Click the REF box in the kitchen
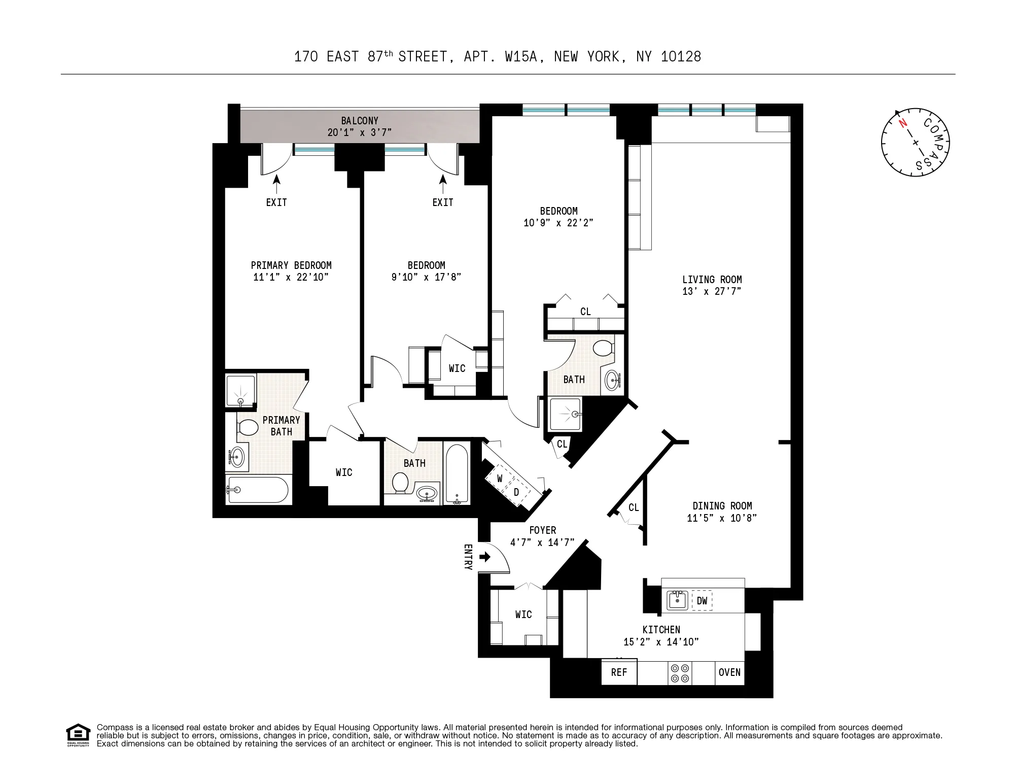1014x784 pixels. [x=619, y=672]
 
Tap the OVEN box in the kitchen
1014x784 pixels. [x=729, y=672]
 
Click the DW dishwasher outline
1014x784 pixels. [x=702, y=601]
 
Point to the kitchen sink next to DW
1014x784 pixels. [x=677, y=600]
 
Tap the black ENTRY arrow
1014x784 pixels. [x=485, y=557]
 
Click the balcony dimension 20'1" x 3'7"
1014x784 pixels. [x=359, y=132]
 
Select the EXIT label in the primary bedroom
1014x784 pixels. [x=276, y=202]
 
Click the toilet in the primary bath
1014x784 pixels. [x=248, y=427]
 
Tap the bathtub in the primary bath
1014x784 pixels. [x=258, y=490]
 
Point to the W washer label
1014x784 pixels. [x=500, y=479]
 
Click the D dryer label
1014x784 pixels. [x=516, y=492]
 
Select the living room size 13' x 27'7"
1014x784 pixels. [x=712, y=291]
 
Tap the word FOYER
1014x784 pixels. [x=542, y=530]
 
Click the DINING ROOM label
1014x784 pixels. [x=722, y=506]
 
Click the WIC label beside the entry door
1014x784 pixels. [x=523, y=615]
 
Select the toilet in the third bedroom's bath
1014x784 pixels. [x=603, y=349]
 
